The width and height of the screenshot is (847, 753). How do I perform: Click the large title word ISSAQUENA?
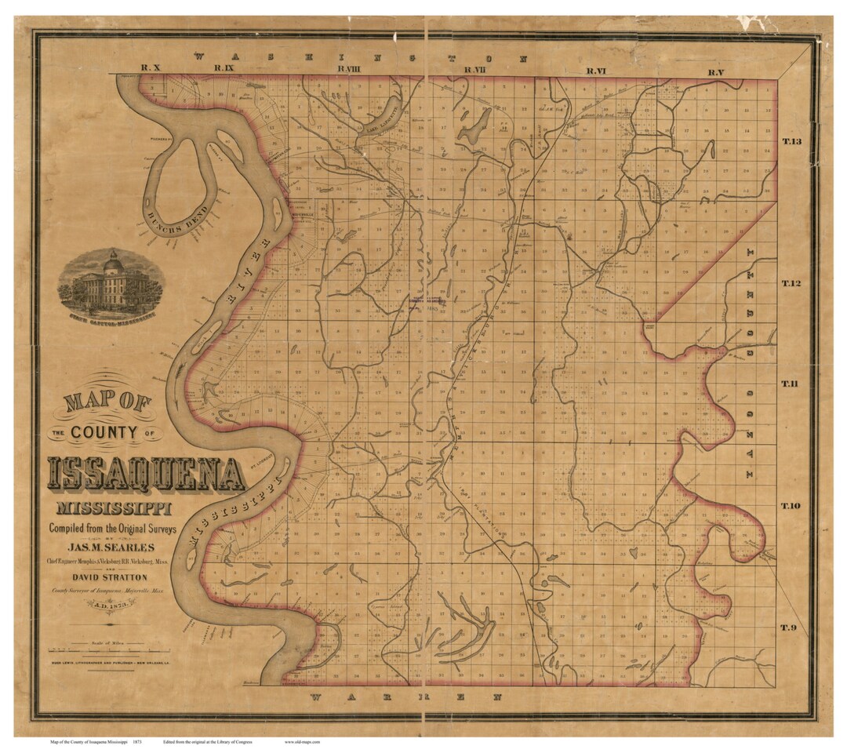pyautogui.click(x=145, y=473)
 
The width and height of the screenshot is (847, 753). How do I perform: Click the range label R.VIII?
pyautogui.click(x=349, y=69)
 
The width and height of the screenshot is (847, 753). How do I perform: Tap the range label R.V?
pyautogui.click(x=714, y=72)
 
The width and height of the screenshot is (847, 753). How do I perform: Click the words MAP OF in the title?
pyautogui.click(x=107, y=403)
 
